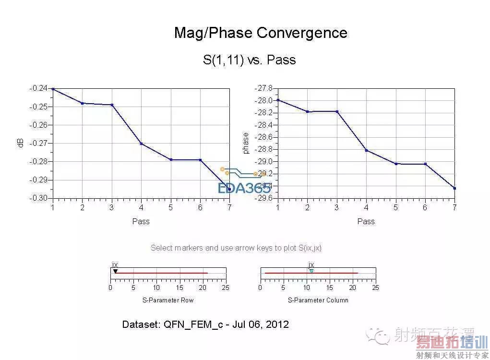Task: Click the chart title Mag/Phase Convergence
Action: click(261, 33)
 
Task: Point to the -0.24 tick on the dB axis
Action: click(39, 88)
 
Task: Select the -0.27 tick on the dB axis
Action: click(39, 143)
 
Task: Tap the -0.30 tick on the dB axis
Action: click(39, 198)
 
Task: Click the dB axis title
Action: click(21, 143)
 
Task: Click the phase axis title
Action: click(246, 143)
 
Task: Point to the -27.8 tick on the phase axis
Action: click(264, 88)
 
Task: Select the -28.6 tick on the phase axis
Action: click(264, 137)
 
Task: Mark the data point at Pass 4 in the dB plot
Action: click(141, 144)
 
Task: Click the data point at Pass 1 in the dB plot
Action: click(53, 89)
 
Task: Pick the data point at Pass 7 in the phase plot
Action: click(454, 188)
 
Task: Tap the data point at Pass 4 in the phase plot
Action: click(366, 150)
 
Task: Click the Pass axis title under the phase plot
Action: click(366, 221)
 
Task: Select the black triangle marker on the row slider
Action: click(115, 271)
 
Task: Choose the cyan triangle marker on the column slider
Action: click(311, 271)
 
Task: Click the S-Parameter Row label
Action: click(167, 300)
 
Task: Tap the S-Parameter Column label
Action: click(318, 300)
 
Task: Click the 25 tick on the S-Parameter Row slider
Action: click(226, 288)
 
